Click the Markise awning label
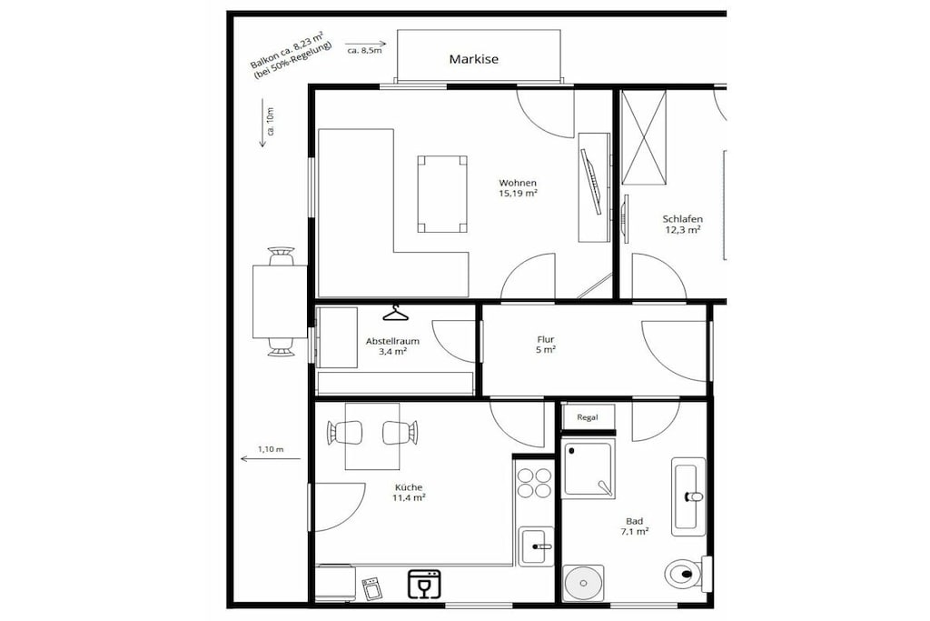(x=473, y=59)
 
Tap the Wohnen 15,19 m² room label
(x=518, y=187)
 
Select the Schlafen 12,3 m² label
(x=683, y=225)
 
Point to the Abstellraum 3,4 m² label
(x=392, y=346)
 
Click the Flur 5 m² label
(x=546, y=345)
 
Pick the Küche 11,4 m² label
(x=409, y=492)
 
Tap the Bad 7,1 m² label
(x=634, y=526)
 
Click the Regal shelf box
(x=588, y=417)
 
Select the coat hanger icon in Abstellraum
(x=396, y=313)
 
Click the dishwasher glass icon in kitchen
(x=424, y=583)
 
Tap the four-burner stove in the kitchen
(x=534, y=483)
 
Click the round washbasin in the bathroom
(x=584, y=583)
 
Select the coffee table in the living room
(x=442, y=195)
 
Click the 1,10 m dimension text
(x=271, y=449)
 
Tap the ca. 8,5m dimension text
(x=364, y=51)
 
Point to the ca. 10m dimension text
(x=271, y=122)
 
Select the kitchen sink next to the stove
(x=536, y=546)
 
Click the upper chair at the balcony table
(x=282, y=256)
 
